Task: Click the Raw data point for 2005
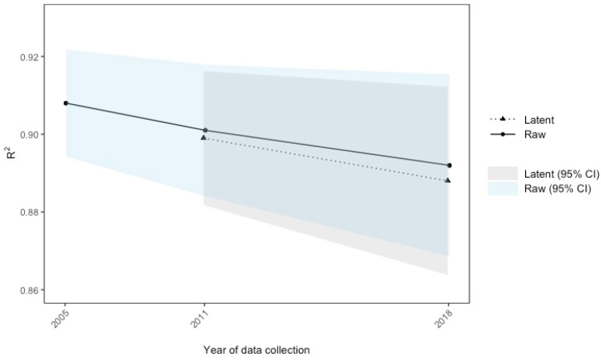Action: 66,103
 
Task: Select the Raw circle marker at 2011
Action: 205,131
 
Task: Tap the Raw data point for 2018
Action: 449,165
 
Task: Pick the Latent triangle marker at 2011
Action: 203,137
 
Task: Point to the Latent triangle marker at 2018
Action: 448,180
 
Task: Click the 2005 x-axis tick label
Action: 59,319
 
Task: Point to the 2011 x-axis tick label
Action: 200,319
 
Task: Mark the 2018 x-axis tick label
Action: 444,319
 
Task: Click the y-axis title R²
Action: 12,153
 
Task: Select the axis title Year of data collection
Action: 257,350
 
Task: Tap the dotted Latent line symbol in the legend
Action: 502,120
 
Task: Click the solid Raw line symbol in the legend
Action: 502,134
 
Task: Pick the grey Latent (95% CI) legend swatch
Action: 502,173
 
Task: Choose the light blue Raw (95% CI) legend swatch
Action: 502,189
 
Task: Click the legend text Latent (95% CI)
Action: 562,174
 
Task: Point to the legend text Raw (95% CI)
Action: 558,189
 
